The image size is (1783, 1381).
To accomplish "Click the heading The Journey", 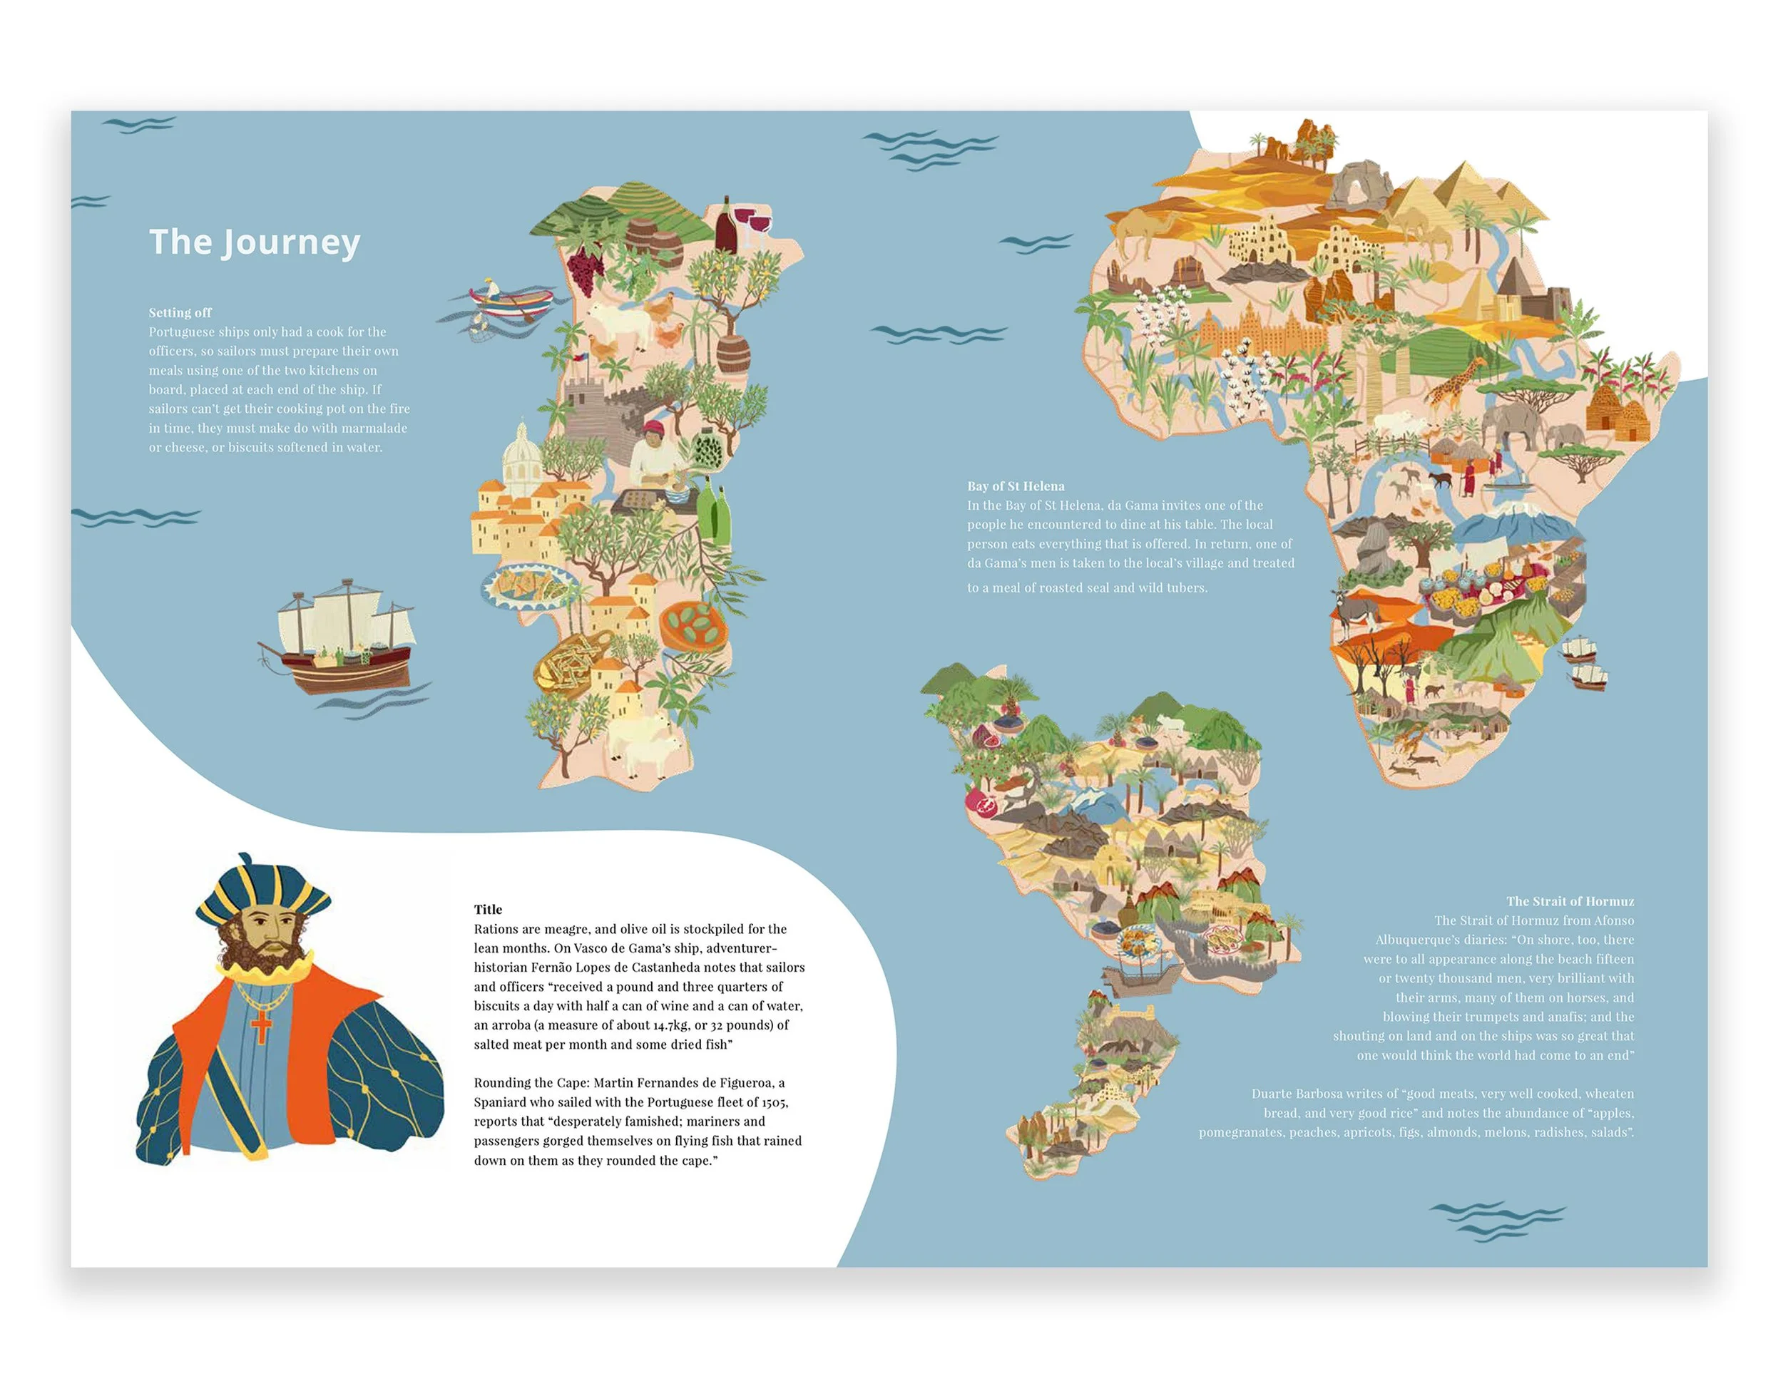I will click(254, 242).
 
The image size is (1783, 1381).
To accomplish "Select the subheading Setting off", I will click(180, 312).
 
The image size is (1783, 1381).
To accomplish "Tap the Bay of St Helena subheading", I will click(1015, 486).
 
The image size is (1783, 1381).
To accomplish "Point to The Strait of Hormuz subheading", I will click(1569, 901).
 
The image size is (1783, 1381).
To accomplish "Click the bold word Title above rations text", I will click(487, 909).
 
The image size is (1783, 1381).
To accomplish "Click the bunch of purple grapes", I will click(586, 267).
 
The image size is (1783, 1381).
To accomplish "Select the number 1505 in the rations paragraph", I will click(774, 1102).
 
